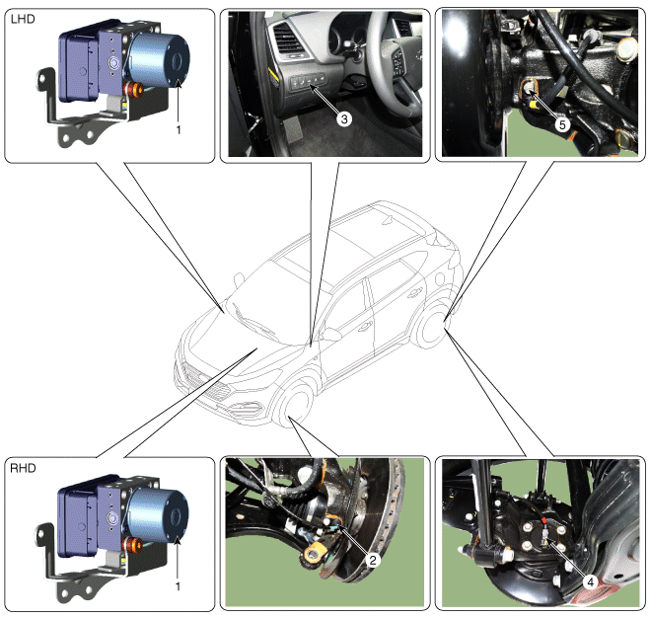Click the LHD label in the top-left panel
(x=23, y=19)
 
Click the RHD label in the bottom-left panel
(x=23, y=468)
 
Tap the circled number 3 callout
(x=344, y=119)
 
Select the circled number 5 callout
(x=562, y=124)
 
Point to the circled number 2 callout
(x=373, y=560)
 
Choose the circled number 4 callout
(x=591, y=582)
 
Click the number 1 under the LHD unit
(x=179, y=130)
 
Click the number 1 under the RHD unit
(x=179, y=586)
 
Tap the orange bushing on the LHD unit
(x=134, y=90)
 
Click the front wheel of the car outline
(x=294, y=405)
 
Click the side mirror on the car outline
(x=330, y=334)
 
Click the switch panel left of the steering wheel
(x=308, y=81)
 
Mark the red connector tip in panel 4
(x=543, y=520)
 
